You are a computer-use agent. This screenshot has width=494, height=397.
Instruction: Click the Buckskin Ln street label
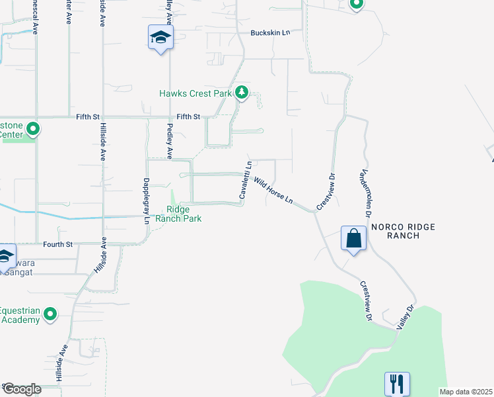point(270,33)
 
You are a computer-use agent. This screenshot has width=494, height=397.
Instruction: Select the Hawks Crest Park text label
point(195,93)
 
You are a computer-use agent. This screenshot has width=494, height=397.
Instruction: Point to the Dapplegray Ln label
point(146,200)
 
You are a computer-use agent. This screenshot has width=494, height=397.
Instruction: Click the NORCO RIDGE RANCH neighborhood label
point(403,231)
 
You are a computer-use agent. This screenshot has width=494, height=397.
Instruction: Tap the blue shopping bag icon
point(353,238)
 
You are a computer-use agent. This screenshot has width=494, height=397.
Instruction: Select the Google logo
point(21,389)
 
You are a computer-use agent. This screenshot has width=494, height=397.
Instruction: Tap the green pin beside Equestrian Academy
point(51,316)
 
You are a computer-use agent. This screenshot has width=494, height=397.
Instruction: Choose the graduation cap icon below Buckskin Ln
point(160,38)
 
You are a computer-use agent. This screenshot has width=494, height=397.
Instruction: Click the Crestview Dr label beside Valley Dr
point(365,301)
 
